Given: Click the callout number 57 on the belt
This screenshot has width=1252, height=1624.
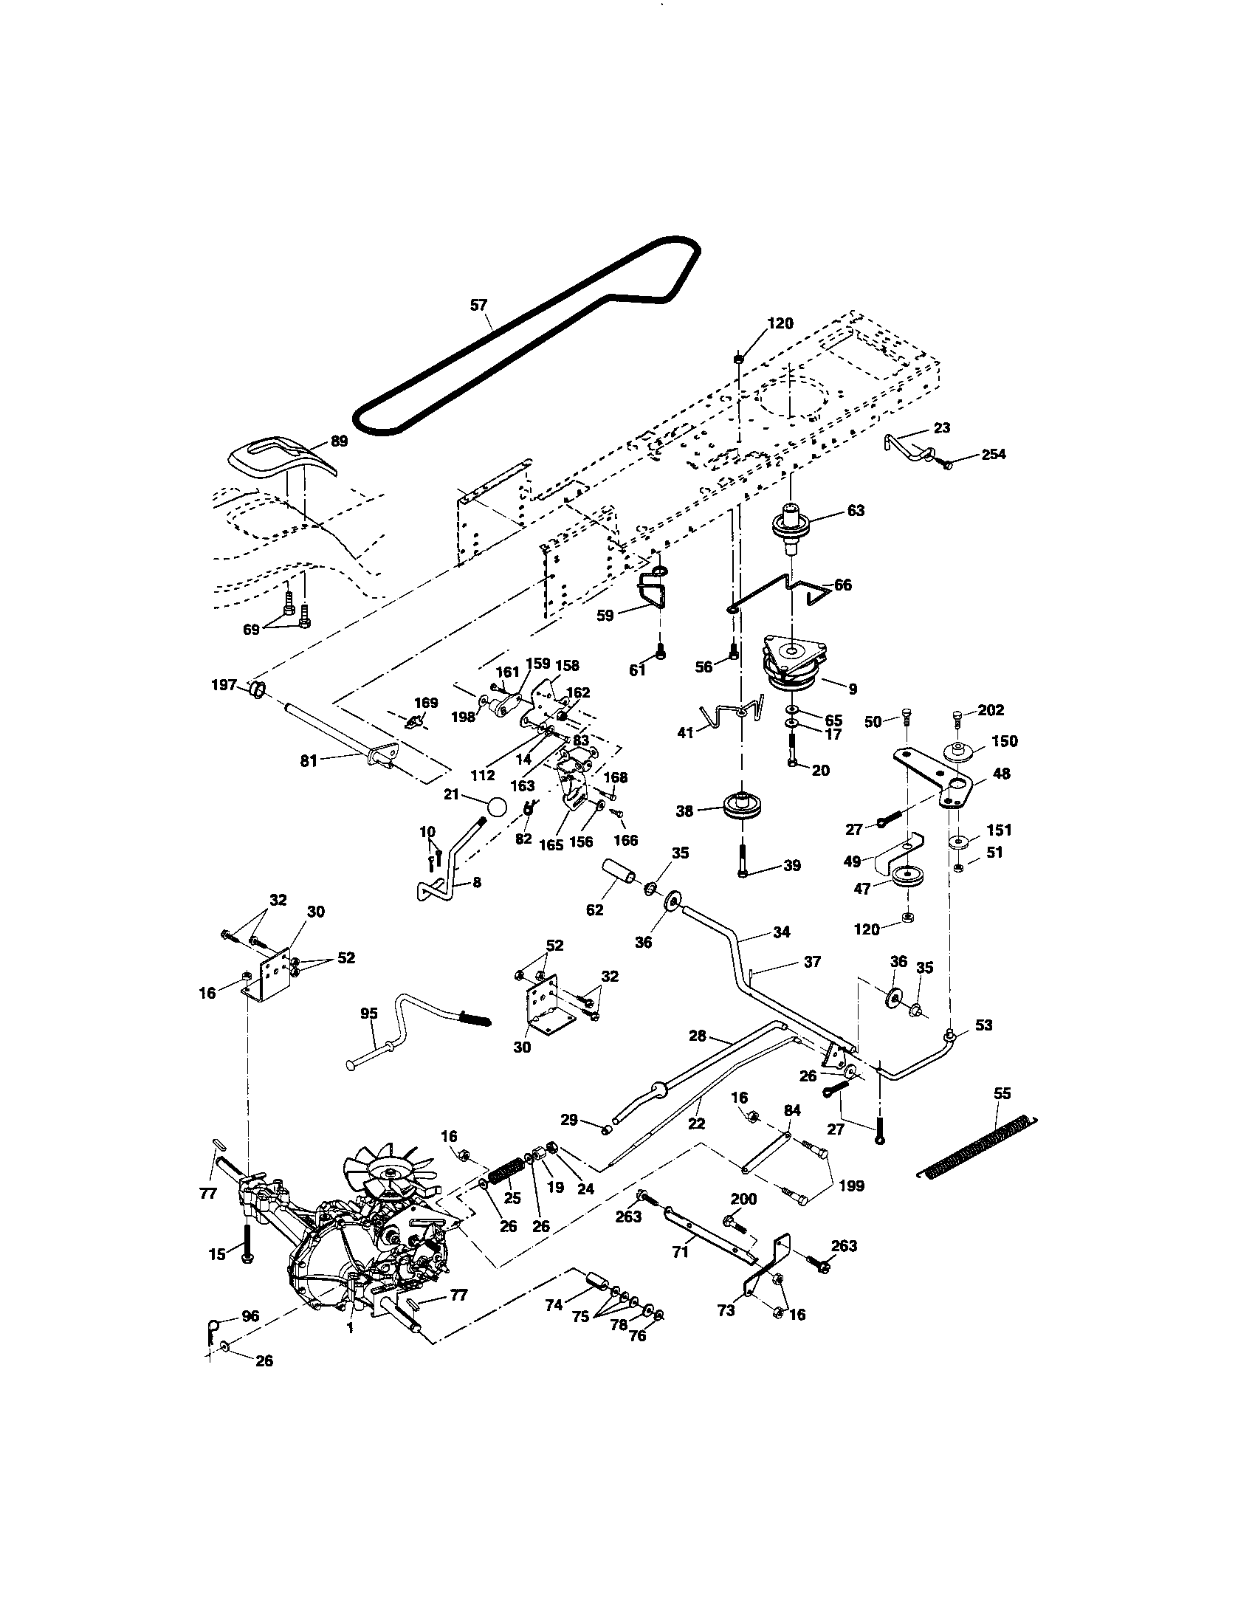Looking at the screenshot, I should click(x=479, y=305).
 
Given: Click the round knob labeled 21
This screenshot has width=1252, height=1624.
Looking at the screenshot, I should click(x=497, y=808).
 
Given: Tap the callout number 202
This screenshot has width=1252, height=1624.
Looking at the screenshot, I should click(x=991, y=710).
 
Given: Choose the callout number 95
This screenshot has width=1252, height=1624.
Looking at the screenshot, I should click(x=369, y=1014).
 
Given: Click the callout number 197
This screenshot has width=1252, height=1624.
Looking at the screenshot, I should click(x=224, y=684).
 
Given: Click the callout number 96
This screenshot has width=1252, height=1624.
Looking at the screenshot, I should click(x=250, y=1315).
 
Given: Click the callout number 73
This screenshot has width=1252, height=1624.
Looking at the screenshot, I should click(x=726, y=1310).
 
